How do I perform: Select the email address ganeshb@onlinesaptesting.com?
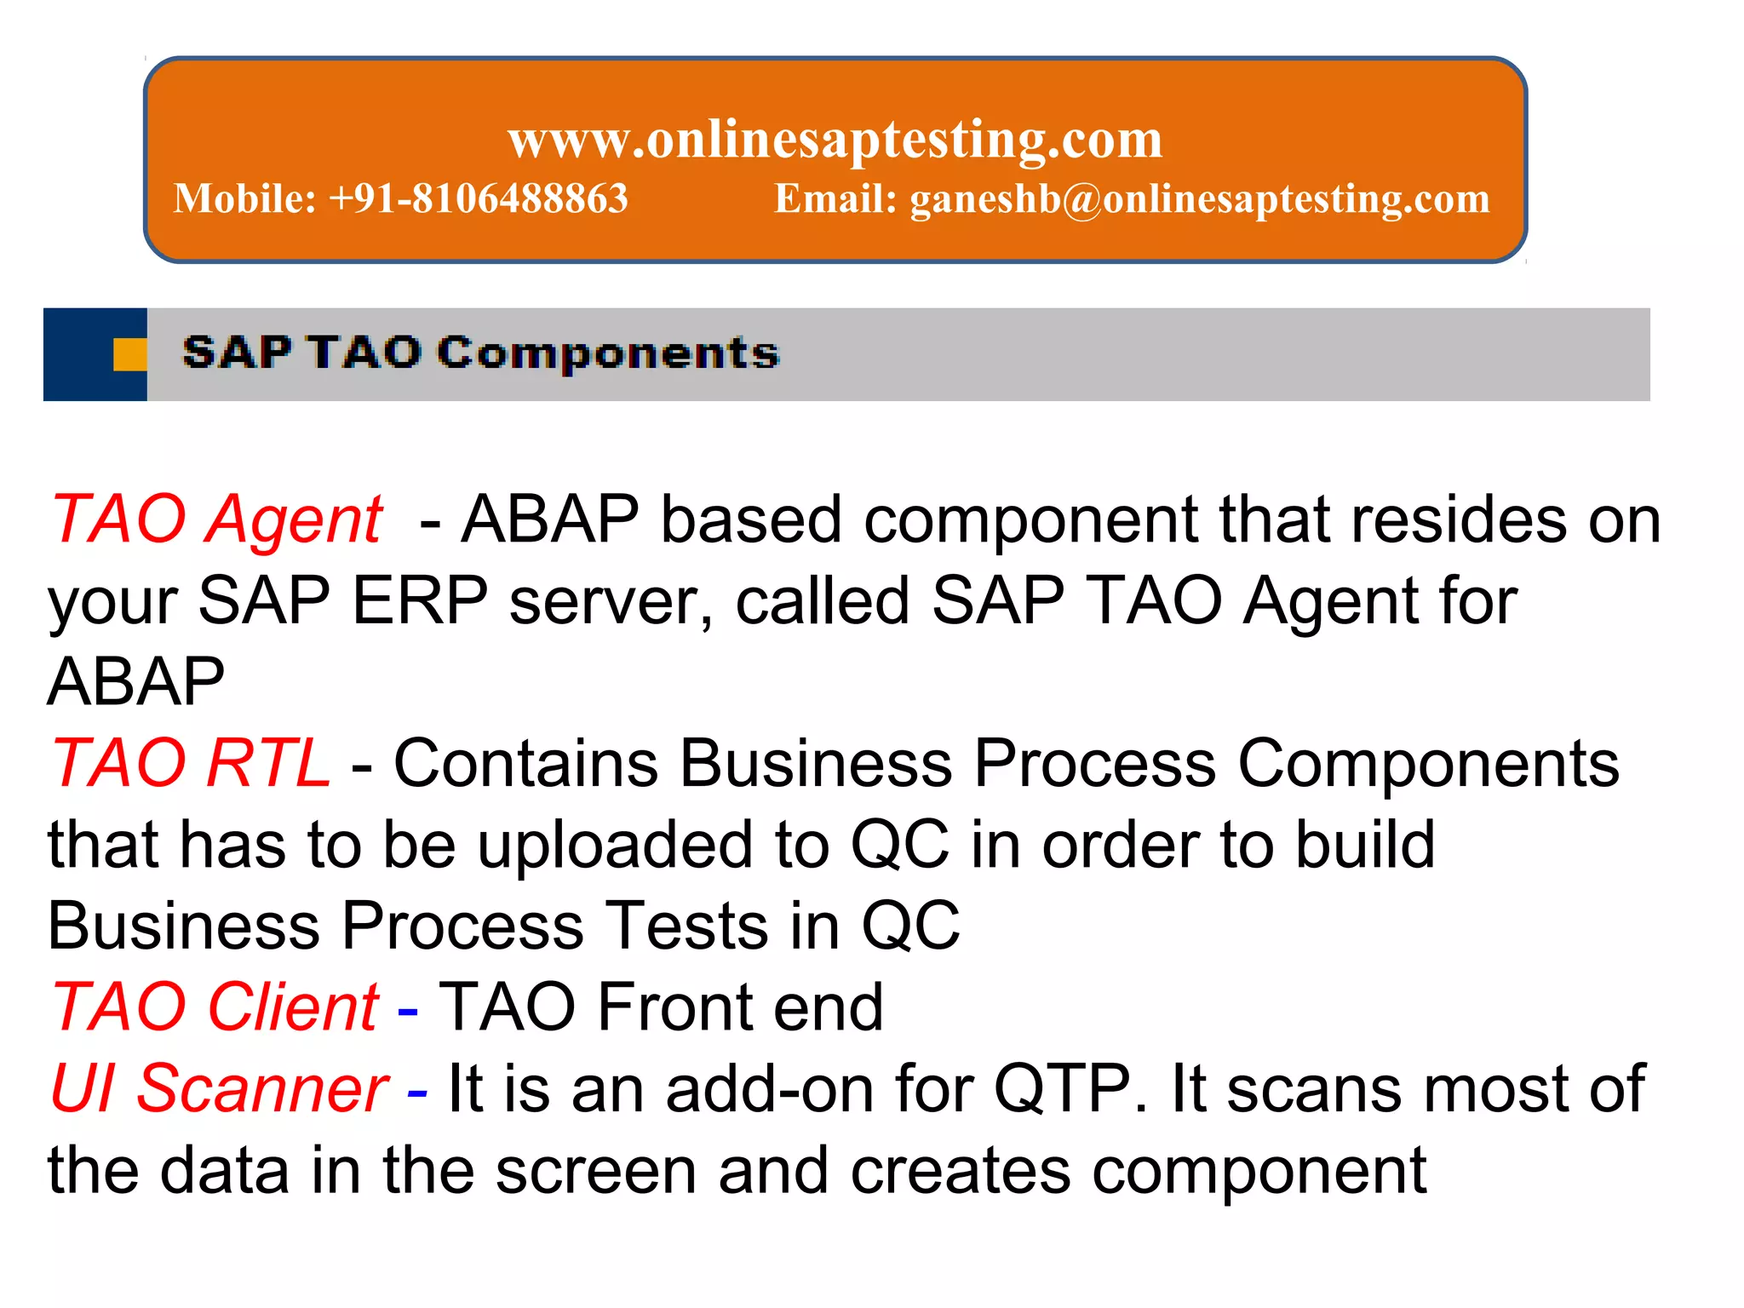1200,198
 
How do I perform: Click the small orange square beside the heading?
129,354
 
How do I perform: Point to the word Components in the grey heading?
609,353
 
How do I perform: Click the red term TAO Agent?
217,519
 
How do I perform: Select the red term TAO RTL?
191,763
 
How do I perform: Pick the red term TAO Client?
215,1007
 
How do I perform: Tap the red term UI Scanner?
220,1088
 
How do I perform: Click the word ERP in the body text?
419,600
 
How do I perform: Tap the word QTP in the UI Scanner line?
1064,1088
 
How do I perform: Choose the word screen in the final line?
596,1171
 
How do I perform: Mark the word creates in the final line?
961,1171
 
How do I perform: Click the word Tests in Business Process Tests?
686,926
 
